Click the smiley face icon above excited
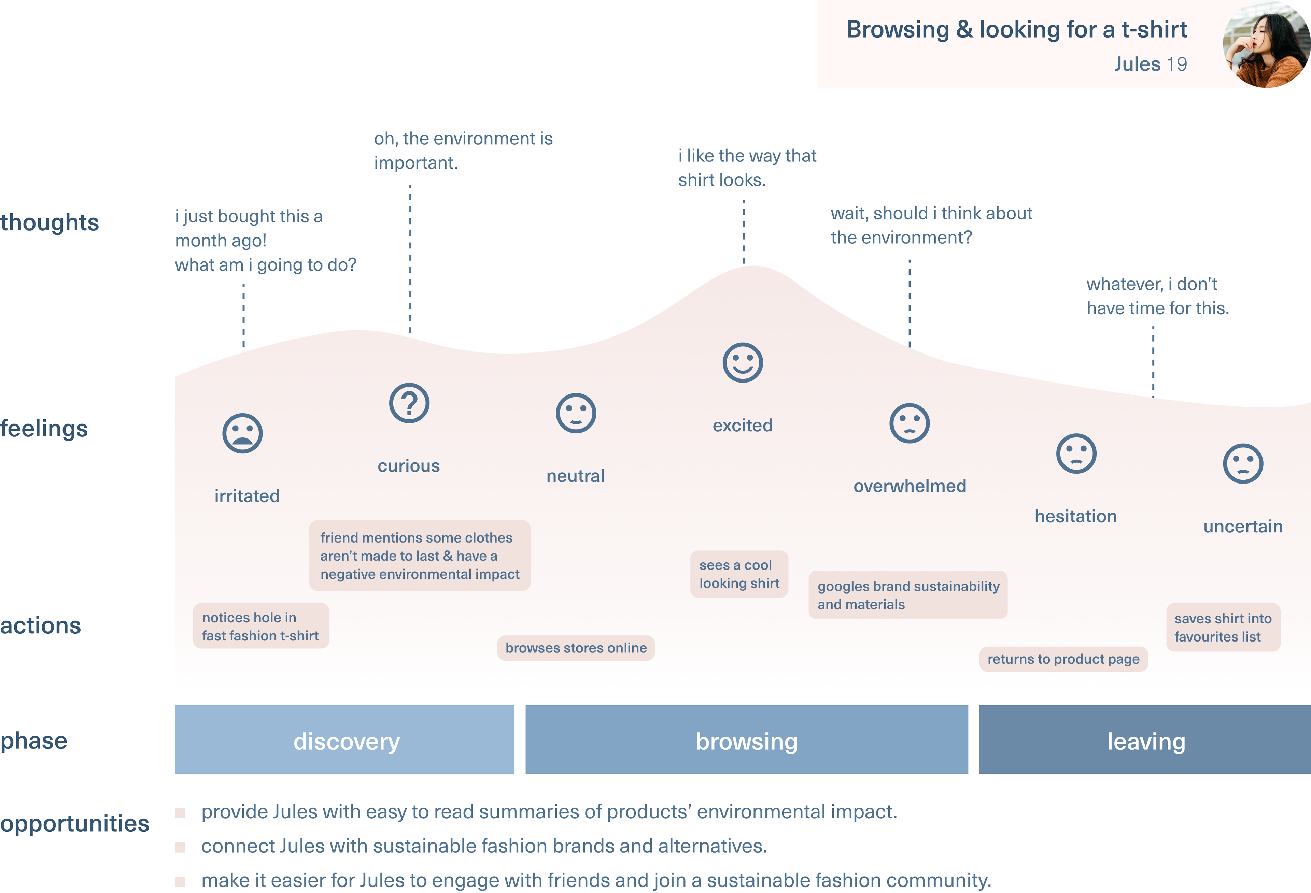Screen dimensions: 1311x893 (742, 362)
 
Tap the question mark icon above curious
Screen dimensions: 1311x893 (409, 403)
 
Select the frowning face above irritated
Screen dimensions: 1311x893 (242, 434)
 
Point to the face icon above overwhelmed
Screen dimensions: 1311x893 (910, 423)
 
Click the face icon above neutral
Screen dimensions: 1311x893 (575, 413)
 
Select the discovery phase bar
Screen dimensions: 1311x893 (345, 739)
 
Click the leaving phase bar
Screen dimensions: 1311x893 (1145, 739)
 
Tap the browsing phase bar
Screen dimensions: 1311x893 (747, 739)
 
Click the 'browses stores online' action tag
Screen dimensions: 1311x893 (576, 648)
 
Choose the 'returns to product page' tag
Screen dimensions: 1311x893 (1063, 659)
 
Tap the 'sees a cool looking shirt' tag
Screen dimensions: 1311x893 (739, 574)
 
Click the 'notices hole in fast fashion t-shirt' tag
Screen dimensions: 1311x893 (260, 626)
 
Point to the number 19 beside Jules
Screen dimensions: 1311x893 (1177, 64)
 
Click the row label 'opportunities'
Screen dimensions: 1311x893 (74, 824)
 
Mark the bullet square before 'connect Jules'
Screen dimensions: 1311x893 (180, 847)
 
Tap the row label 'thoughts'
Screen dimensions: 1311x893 (50, 222)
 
